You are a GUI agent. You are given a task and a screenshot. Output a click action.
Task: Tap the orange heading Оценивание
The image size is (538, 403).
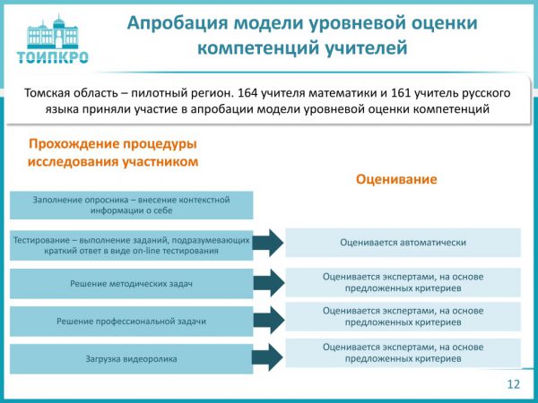[x=396, y=179]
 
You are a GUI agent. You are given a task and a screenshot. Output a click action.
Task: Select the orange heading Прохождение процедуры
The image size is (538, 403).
[x=113, y=144]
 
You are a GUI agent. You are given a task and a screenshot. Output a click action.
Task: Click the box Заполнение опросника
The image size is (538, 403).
[x=131, y=205]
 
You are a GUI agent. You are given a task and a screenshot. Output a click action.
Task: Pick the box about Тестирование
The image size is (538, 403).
[x=131, y=244]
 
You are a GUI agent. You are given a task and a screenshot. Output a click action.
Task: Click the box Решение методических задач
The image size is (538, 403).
[x=131, y=284]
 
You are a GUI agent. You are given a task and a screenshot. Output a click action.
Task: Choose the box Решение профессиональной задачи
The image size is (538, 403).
[x=131, y=321]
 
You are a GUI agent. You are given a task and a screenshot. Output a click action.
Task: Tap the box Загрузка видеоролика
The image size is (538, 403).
[x=131, y=358]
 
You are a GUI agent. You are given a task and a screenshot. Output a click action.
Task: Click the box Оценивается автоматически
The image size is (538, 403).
[x=403, y=242]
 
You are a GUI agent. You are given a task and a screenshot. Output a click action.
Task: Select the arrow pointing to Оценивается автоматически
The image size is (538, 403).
[x=267, y=243]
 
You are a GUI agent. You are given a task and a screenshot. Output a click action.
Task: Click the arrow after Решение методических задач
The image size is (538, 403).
[x=267, y=283]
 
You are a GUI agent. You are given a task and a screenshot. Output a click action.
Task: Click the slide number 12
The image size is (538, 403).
[x=513, y=384]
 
